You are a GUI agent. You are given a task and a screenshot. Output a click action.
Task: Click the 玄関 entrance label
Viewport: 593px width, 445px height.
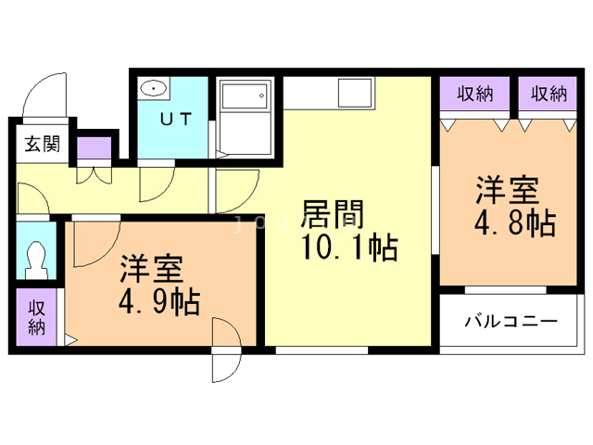pos(42,144)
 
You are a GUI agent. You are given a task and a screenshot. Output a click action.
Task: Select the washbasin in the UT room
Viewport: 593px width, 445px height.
pos(153,89)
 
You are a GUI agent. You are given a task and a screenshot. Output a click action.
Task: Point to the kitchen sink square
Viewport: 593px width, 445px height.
pos(354,93)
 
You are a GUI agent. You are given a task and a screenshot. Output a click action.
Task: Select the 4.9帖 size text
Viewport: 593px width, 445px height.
pos(160,302)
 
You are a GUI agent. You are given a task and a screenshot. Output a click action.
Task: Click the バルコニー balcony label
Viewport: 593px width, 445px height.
pos(511,322)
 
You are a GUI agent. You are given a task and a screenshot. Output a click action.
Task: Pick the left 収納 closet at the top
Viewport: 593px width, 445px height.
pos(474,93)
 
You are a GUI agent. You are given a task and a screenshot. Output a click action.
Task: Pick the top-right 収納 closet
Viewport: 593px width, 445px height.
pos(549,93)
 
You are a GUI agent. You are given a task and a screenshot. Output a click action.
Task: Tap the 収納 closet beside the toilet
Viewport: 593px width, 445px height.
pos(36,317)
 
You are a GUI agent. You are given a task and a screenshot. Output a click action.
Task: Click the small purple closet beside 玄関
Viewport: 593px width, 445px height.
pos(93,148)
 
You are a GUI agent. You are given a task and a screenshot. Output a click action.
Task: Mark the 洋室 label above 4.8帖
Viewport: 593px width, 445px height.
pos(507,189)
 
